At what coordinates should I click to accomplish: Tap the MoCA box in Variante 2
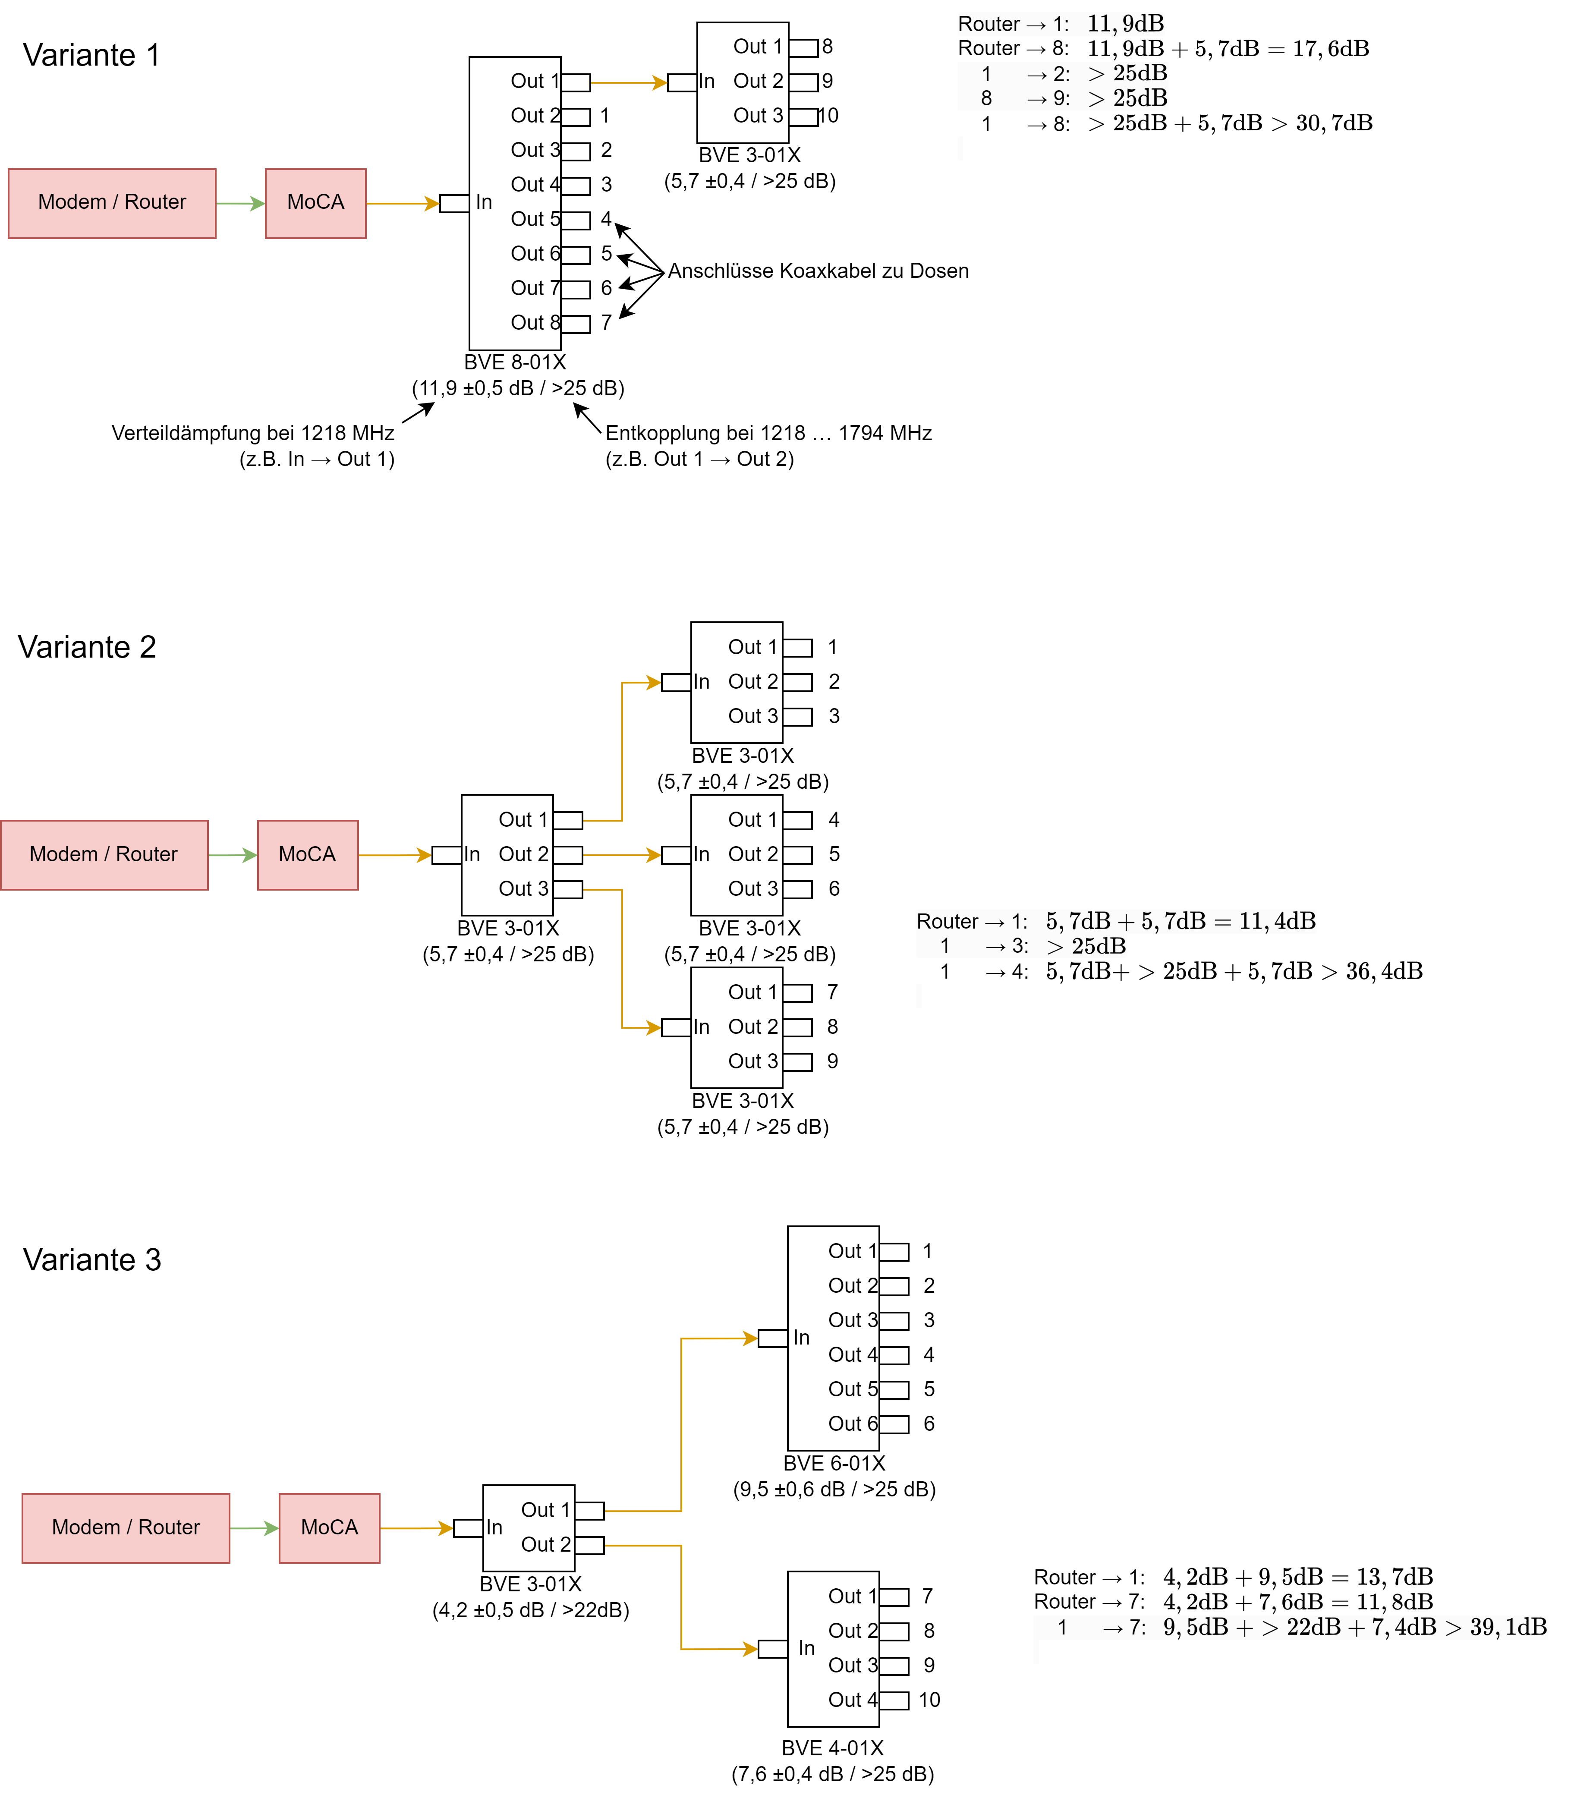pyautogui.click(x=307, y=854)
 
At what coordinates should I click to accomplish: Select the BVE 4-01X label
pyautogui.click(x=832, y=1748)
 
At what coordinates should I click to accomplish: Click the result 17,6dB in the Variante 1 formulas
pyautogui.click(x=1330, y=49)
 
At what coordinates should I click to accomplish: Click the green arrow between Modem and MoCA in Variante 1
pyautogui.click(x=240, y=204)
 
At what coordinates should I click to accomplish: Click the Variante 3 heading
pyautogui.click(x=92, y=1260)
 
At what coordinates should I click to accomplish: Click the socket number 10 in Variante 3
pyautogui.click(x=929, y=1700)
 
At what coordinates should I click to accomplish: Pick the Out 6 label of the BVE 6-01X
pyautogui.click(x=852, y=1423)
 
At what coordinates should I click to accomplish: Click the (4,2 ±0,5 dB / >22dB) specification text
pyautogui.click(x=530, y=1610)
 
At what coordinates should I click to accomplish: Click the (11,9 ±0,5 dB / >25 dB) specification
pyautogui.click(x=518, y=388)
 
